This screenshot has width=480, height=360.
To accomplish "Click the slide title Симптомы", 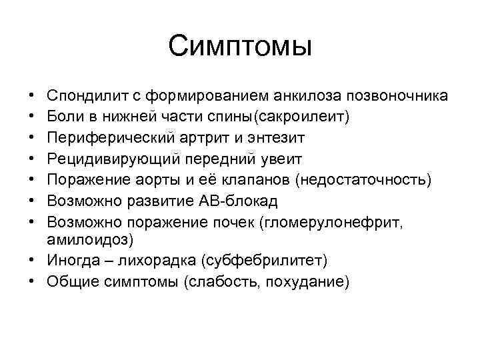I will pyautogui.click(x=240, y=47).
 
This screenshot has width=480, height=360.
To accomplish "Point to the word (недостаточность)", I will pyautogui.click(x=364, y=180).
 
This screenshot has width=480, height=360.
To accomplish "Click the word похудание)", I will pyautogui.click(x=307, y=282).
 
